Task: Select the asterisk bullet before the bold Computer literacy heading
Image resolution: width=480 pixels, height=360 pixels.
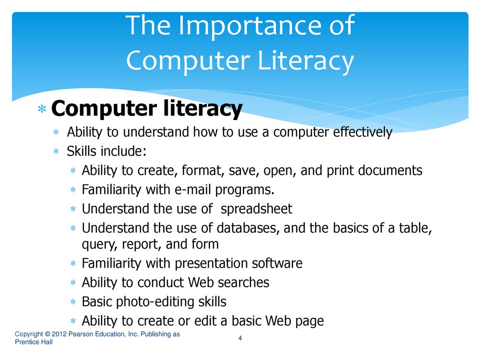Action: click(x=42, y=109)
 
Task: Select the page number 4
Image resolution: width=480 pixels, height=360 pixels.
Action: click(x=240, y=338)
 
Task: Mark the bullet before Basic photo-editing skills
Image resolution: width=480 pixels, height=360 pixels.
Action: click(x=73, y=302)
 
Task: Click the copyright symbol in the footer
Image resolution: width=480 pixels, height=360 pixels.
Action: click(x=47, y=334)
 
